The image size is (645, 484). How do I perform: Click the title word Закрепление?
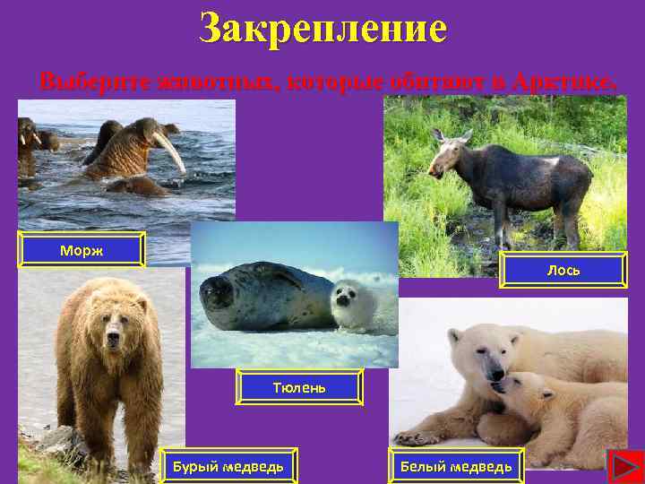pyautogui.click(x=322, y=29)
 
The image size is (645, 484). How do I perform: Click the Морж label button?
pyautogui.click(x=82, y=250)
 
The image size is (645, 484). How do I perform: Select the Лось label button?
pyautogui.click(x=563, y=269)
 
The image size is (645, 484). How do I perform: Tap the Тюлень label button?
pyautogui.click(x=299, y=387)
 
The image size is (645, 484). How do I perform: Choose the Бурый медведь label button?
pyautogui.click(x=228, y=466)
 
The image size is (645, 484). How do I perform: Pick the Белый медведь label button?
pyautogui.click(x=456, y=466)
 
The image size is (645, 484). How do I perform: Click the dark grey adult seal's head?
pyautogui.click(x=219, y=290)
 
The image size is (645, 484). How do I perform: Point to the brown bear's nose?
pyautogui.click(x=113, y=341)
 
